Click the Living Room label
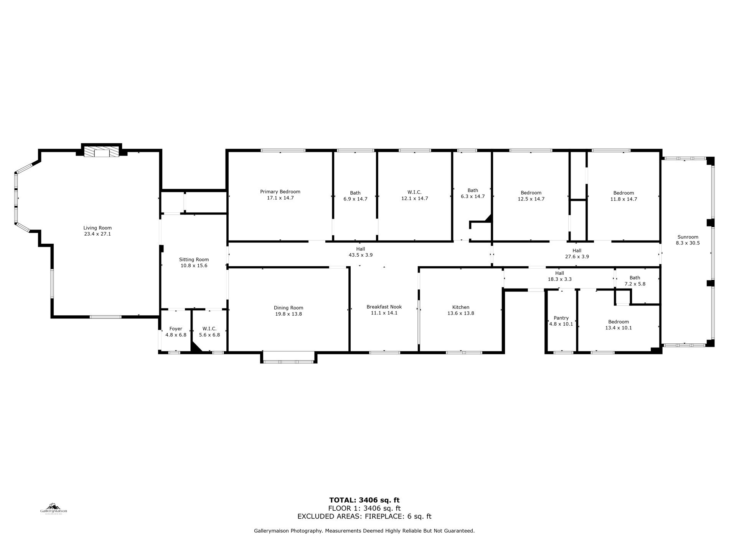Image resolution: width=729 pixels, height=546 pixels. click(x=97, y=228)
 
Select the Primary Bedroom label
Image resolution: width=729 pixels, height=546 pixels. click(x=280, y=192)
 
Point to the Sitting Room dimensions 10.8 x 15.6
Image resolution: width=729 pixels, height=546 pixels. click(x=194, y=266)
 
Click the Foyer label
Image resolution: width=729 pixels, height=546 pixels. click(x=176, y=329)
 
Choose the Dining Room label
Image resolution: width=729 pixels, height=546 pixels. click(x=289, y=308)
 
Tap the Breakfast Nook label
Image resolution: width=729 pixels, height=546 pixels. click(x=384, y=307)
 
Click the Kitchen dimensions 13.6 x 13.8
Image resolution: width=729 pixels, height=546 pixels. click(x=461, y=313)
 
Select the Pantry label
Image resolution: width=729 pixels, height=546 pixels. click(x=561, y=318)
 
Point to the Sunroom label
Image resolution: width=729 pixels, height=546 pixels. click(x=688, y=237)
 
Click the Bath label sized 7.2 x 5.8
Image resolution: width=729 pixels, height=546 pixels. click(x=635, y=278)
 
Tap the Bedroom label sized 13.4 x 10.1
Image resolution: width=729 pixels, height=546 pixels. click(x=618, y=322)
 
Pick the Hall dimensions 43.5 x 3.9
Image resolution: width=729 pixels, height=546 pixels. click(x=360, y=255)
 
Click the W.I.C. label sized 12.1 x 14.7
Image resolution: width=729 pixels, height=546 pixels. click(x=414, y=192)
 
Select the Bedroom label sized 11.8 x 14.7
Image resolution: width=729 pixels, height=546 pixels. click(x=623, y=193)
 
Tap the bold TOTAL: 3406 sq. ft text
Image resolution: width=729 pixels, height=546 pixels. click(x=364, y=500)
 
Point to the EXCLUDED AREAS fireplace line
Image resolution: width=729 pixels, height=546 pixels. click(x=364, y=516)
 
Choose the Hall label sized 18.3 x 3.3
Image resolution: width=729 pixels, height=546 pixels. click(x=559, y=273)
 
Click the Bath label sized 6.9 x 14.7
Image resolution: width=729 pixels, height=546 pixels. click(x=355, y=193)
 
